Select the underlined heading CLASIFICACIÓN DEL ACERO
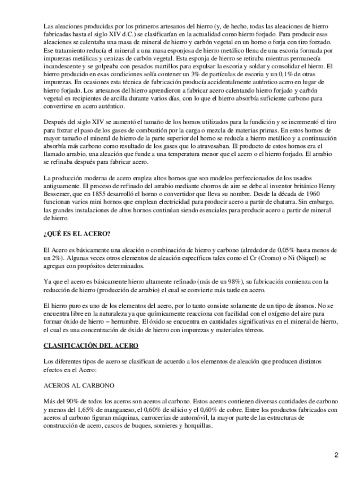(x=91, y=345)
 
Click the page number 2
(x=336, y=455)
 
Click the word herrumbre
(x=136, y=321)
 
